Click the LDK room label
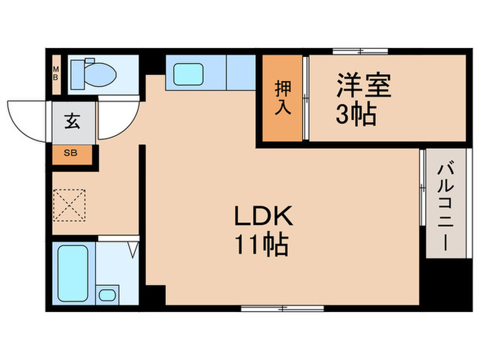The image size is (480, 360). coord(265,218)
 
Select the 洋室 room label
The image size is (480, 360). coord(363,87)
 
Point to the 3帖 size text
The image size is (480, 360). coord(355,114)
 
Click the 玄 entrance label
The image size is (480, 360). coord(71,123)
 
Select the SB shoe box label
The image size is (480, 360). coord(71,152)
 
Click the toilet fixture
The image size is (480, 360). coord(93,72)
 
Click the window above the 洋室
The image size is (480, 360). coord(361,51)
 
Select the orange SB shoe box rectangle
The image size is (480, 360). coord(71,152)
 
